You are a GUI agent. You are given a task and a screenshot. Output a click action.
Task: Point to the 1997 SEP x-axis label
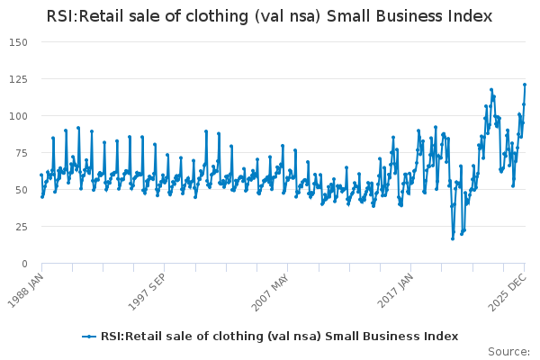pos(148,286)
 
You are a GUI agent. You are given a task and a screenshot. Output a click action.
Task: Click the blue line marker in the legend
pos(88,337)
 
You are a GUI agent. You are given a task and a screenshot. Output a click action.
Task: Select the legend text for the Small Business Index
pos(278,337)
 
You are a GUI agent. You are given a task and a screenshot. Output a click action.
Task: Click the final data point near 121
pos(525,85)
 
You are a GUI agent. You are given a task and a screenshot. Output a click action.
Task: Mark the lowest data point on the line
pos(453,238)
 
